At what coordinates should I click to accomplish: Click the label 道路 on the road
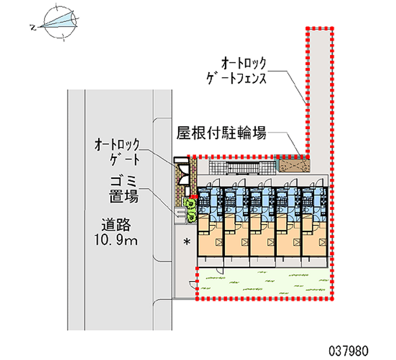point(116,225)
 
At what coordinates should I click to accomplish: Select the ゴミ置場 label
point(123,189)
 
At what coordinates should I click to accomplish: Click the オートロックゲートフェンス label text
point(244,71)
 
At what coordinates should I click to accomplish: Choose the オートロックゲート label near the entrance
point(118,152)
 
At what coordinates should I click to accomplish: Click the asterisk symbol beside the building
point(187,242)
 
